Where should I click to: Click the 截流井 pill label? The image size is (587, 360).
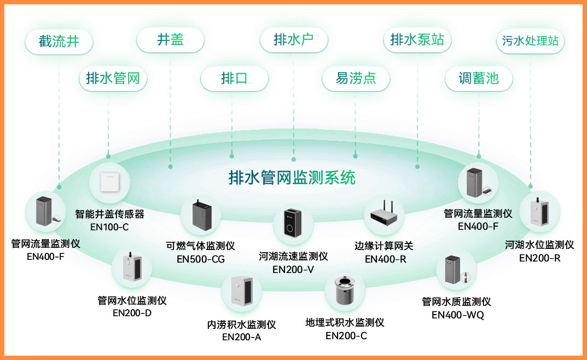[x=59, y=41]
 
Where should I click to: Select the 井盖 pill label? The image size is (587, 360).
[x=170, y=39]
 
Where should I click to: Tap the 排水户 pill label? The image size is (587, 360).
[x=294, y=39]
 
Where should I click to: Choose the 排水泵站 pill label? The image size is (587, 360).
[x=417, y=39]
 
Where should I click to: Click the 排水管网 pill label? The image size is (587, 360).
[x=113, y=78]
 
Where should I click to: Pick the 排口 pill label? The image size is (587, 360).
[x=234, y=78]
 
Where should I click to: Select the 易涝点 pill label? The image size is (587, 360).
[x=356, y=78]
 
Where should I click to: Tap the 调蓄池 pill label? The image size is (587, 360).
[x=479, y=78]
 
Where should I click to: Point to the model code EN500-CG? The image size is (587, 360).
[x=201, y=259]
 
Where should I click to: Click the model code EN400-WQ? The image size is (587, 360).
[x=458, y=315]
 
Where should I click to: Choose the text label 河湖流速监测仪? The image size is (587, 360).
[x=293, y=256]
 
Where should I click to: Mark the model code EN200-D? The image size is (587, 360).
[x=132, y=313]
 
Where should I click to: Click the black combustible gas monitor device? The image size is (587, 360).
[x=201, y=217]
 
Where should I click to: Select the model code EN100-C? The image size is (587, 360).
[x=109, y=226]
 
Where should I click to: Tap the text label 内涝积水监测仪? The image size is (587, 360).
[x=241, y=324]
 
